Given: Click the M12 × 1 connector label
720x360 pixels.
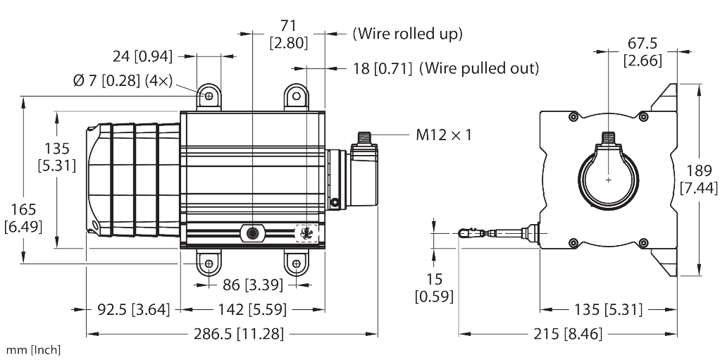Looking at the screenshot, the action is click(x=444, y=135).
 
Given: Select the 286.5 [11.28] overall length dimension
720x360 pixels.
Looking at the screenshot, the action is click(x=239, y=334).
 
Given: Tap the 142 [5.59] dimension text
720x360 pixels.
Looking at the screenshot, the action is click(x=252, y=310).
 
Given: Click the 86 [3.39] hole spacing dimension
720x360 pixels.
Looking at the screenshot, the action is click(x=253, y=285).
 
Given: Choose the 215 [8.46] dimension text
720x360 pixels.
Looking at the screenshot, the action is click(x=568, y=334).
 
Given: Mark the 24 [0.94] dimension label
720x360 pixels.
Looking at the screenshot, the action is click(x=143, y=56).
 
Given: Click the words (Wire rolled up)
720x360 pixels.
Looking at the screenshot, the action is click(x=407, y=34).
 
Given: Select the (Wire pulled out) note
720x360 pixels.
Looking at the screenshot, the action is click(x=479, y=68).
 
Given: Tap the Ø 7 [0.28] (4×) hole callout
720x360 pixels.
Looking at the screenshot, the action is click(x=123, y=81).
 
